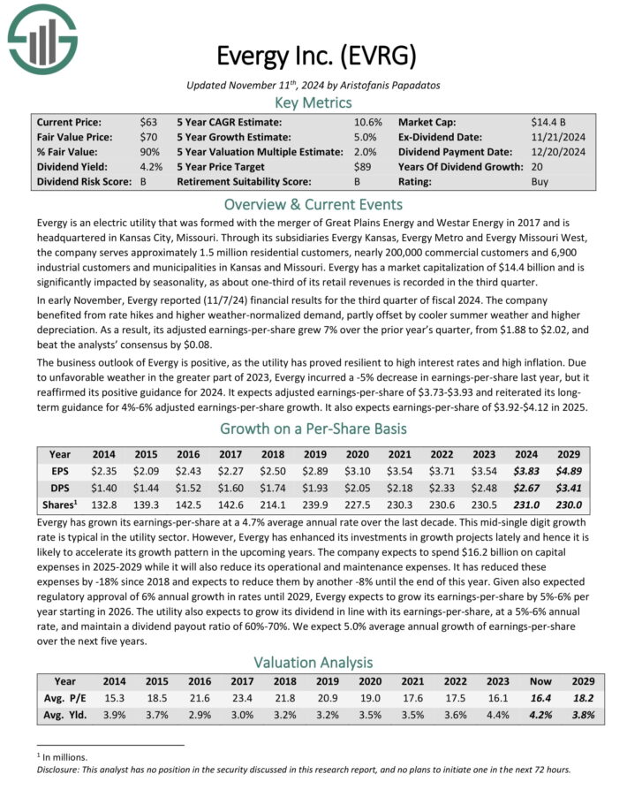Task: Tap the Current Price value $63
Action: pos(147,121)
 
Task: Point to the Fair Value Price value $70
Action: pos(147,137)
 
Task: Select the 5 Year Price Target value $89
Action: pos(363,167)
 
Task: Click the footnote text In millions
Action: pos(63,756)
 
